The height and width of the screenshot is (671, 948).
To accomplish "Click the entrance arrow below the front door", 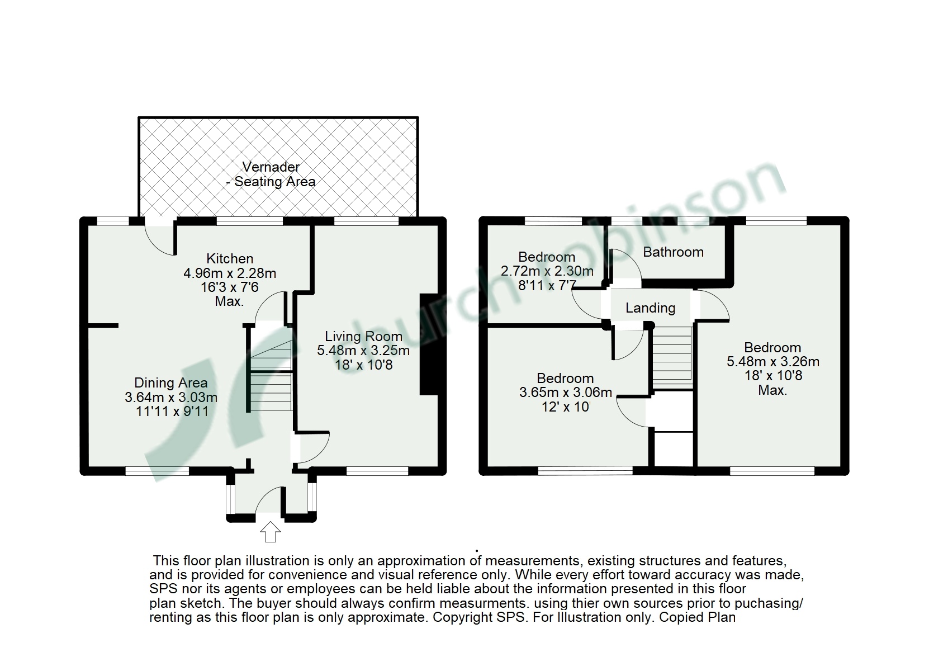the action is click(x=271, y=531).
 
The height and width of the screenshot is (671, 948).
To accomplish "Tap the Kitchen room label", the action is click(x=230, y=259).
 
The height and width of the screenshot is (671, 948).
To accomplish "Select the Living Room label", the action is click(x=363, y=337).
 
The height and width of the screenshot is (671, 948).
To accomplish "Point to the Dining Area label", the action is click(x=171, y=383).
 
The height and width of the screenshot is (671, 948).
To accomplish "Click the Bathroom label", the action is click(x=673, y=252).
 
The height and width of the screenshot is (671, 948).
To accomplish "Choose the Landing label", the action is click(x=650, y=308).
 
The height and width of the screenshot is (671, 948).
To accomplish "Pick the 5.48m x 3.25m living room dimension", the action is click(x=363, y=351).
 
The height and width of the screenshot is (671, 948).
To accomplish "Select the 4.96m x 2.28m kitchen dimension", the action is click(x=230, y=273).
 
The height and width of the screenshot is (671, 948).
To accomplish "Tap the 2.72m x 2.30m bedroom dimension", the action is click(x=547, y=272).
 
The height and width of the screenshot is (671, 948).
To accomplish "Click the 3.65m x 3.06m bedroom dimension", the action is click(x=565, y=393).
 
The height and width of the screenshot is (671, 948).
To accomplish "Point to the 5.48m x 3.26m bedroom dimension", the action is click(x=773, y=362).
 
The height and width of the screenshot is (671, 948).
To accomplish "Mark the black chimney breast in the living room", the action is click(x=429, y=345).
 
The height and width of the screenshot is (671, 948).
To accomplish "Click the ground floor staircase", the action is click(x=271, y=375).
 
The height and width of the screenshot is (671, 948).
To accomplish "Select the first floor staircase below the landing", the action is click(x=672, y=356).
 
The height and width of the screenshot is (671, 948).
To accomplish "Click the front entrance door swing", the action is click(x=271, y=499).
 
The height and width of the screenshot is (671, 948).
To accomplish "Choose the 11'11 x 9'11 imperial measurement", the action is click(x=171, y=412).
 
